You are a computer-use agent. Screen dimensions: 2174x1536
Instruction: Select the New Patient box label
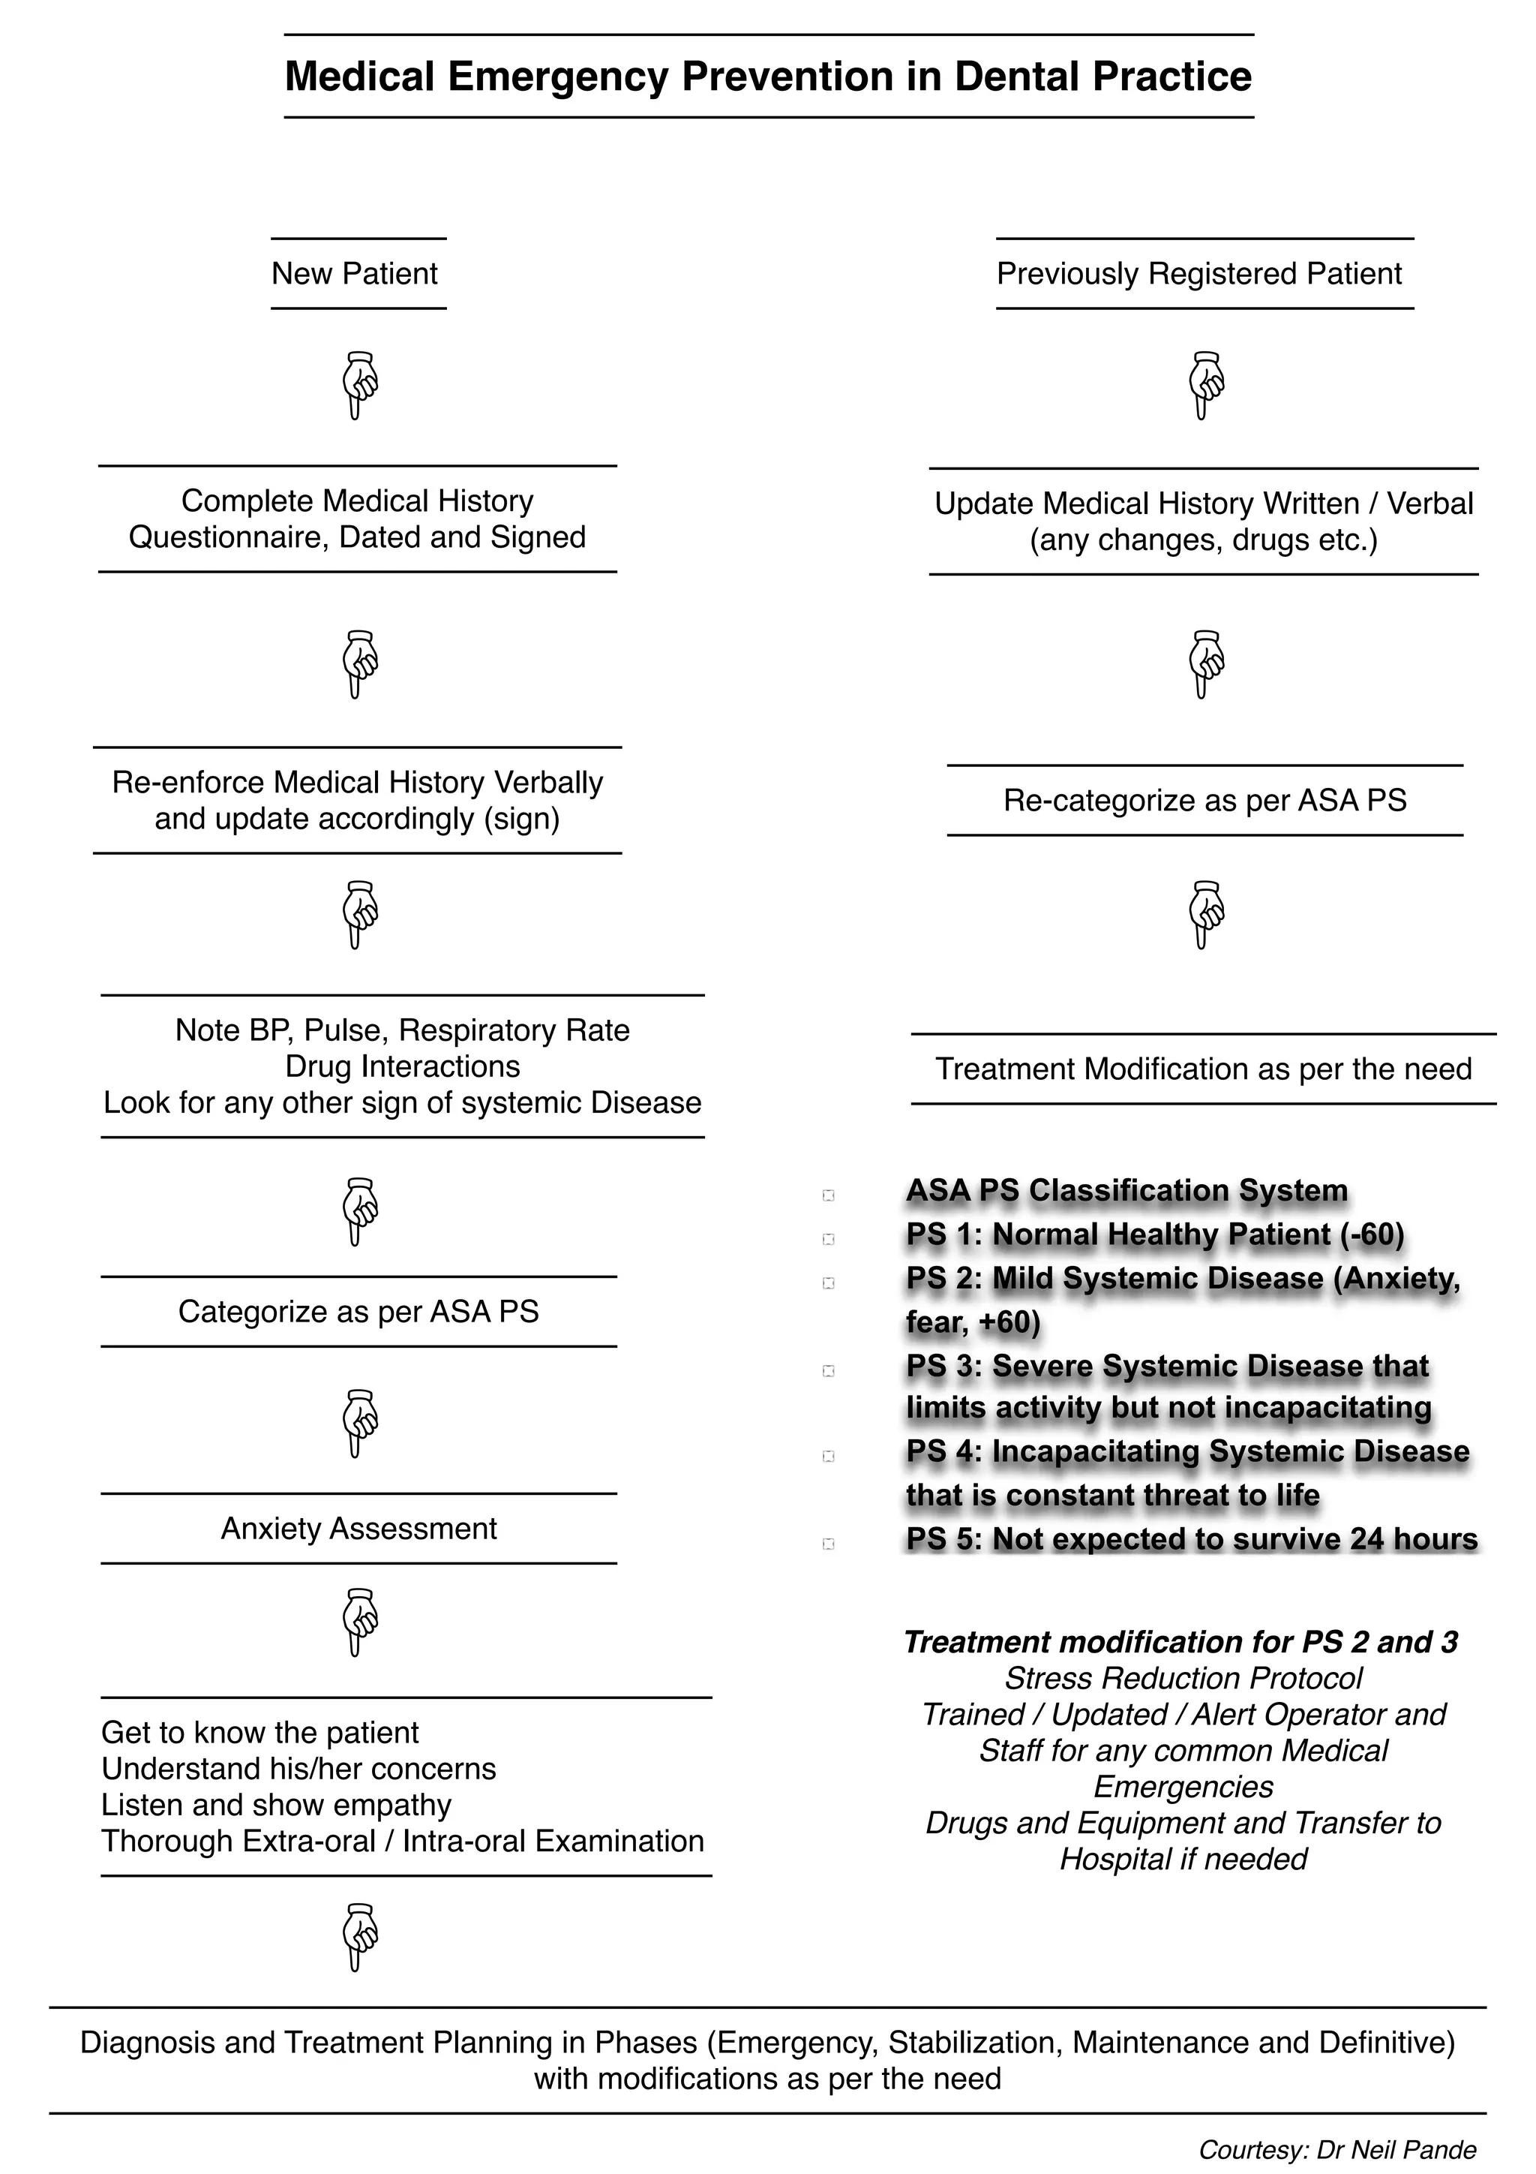[354, 274]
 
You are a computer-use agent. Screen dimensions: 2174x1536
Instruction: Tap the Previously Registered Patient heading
[1198, 274]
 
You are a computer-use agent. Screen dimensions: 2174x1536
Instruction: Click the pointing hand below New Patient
[358, 384]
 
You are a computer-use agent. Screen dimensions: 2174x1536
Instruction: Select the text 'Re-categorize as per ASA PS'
[1204, 800]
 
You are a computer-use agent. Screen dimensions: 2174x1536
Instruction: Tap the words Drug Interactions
[402, 1066]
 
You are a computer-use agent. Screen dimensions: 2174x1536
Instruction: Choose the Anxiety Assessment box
[358, 1528]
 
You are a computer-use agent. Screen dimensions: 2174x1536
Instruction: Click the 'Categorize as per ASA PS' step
[358, 1312]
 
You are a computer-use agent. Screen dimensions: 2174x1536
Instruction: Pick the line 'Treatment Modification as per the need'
[1203, 1069]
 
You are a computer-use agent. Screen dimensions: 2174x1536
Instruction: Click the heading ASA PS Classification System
[1126, 1190]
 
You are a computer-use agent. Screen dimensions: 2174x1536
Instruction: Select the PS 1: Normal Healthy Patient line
[1154, 1234]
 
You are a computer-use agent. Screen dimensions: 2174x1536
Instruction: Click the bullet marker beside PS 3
[828, 1371]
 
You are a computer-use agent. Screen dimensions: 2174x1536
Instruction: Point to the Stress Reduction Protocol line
[1183, 1678]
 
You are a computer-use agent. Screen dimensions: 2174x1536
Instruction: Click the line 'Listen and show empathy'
[276, 1805]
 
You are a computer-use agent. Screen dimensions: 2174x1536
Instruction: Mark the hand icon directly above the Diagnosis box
[358, 1938]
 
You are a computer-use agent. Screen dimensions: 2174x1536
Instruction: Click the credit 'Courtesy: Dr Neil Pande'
[1336, 2149]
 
